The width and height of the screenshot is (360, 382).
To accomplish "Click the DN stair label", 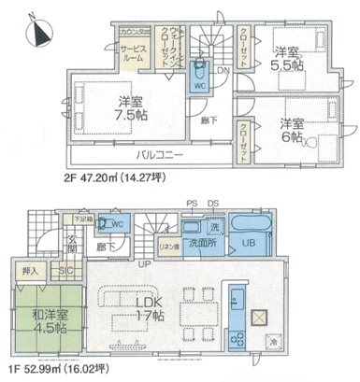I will [x=223, y=68].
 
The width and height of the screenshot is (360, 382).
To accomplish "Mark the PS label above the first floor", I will [x=193, y=203].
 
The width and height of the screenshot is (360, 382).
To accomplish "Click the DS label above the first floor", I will [x=214, y=203].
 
